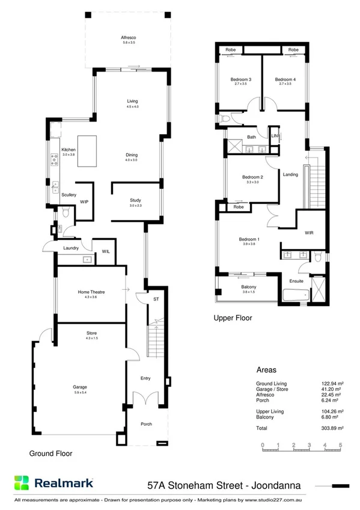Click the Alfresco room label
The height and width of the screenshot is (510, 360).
129,38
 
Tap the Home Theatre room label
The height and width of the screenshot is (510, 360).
91,292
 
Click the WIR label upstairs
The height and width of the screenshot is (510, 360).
309,232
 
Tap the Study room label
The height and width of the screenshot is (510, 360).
135,200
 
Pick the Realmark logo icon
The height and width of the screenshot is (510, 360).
22,482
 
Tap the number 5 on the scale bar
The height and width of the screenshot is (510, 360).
340,446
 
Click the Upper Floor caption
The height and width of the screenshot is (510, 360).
233,318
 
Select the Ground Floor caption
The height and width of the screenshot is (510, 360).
51,454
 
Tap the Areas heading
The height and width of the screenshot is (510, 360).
266,370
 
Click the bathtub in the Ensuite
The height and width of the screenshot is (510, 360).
296,295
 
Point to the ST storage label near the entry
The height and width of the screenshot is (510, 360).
156,298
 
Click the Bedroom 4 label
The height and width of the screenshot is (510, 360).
285,79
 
